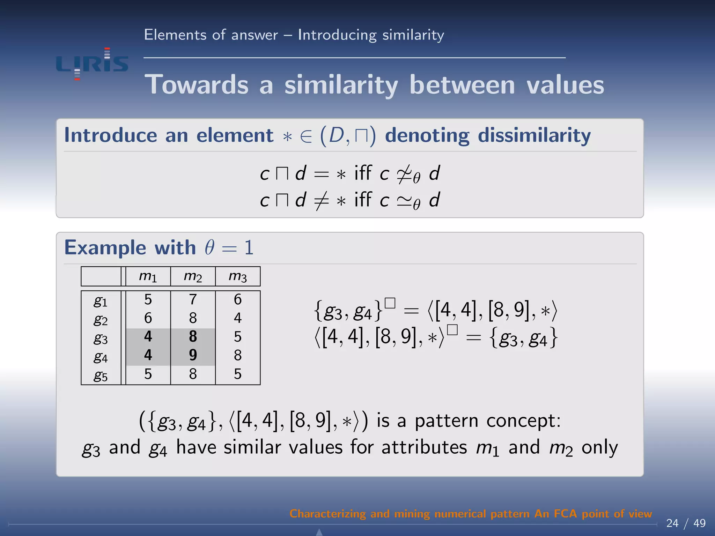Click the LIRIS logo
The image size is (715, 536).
tap(92, 64)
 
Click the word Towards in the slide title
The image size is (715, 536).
tap(197, 85)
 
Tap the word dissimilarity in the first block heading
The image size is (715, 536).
tap(534, 135)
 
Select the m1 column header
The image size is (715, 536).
tap(148, 276)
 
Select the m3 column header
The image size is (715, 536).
tap(238, 276)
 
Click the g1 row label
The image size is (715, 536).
tap(101, 301)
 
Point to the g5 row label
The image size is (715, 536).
tap(101, 375)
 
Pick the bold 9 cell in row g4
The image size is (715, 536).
tap(193, 355)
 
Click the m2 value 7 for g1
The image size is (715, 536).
tap(193, 299)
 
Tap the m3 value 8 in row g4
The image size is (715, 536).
tap(238, 355)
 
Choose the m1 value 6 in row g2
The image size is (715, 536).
tap(148, 318)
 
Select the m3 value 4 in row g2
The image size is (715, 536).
tap(238, 318)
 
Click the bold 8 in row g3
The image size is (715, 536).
tap(193, 336)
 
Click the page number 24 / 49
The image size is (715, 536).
tap(686, 523)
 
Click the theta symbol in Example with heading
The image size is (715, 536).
tap(209, 247)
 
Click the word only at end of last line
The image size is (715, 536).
tap(599, 448)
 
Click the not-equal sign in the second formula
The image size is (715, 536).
tap(321, 201)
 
